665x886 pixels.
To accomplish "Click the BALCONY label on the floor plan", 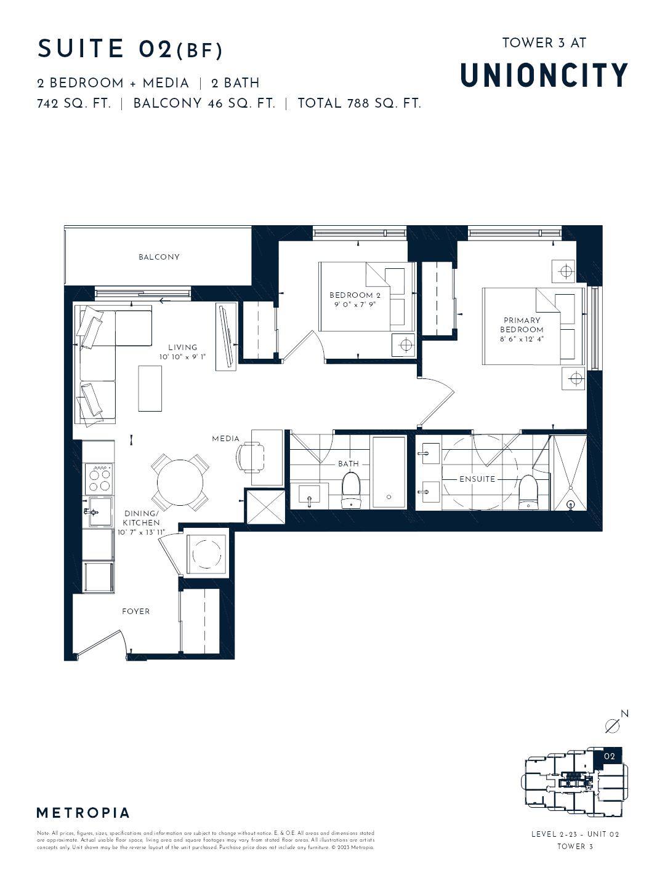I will (159, 257).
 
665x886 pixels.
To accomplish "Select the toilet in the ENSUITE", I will (528, 492).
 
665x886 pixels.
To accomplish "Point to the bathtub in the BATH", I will (389, 472).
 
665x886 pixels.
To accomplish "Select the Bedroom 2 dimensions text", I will (351, 304).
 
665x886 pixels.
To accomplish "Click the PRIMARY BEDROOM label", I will (522, 325).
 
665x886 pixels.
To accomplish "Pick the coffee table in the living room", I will (150, 388).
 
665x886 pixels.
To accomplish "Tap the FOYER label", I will (135, 612).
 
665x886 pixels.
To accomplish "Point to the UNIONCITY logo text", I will (544, 75).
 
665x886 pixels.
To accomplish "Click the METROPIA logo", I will (83, 813).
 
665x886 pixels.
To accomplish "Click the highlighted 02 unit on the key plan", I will (609, 756).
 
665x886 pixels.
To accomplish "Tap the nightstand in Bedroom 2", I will (405, 345).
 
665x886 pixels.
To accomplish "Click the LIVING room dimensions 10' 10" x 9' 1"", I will (183, 357).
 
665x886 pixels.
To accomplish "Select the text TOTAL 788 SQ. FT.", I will (360, 103).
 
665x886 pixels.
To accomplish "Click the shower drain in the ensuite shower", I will (570, 505).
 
